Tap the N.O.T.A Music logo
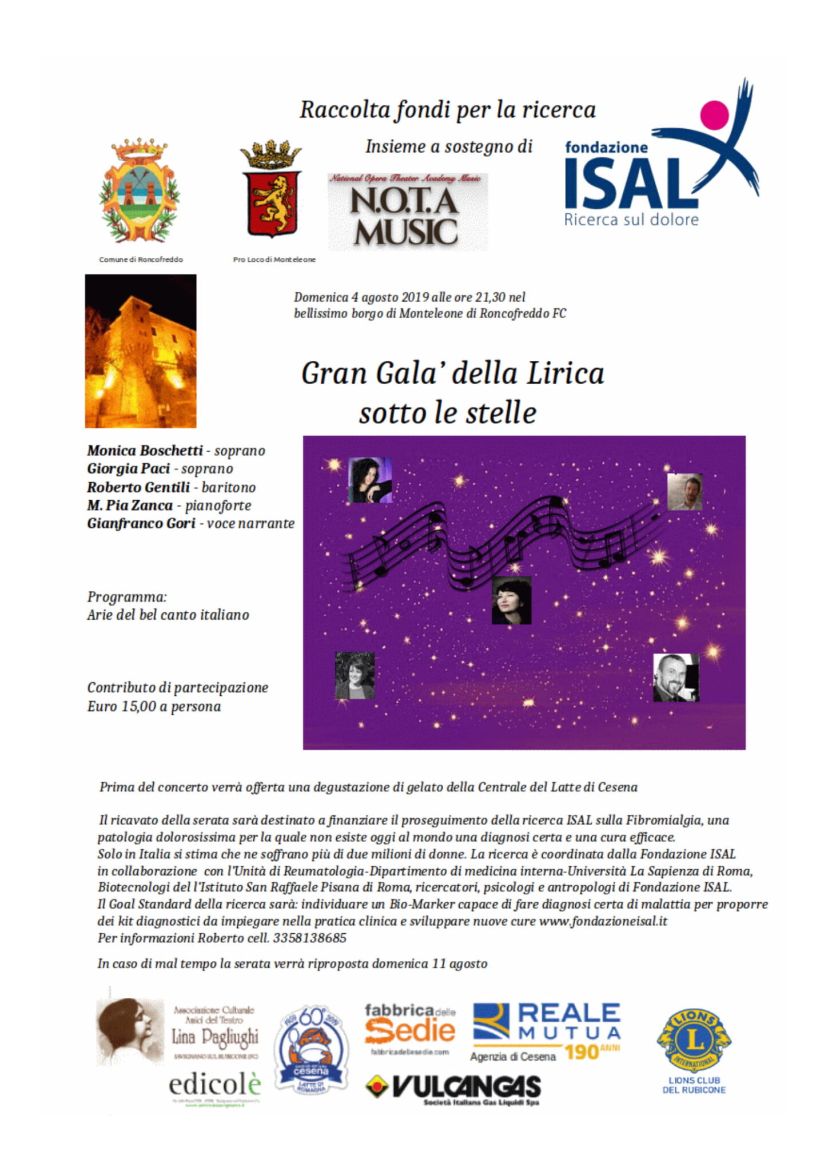pos(407,212)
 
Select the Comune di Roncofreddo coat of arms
pos(140,192)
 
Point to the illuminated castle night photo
pos(141,350)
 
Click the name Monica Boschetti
pos(145,451)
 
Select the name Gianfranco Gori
pos(141,523)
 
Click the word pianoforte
pos(218,505)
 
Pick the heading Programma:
pos(127,597)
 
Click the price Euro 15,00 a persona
pos(154,706)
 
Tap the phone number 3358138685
pos(309,938)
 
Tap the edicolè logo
pos(215,1084)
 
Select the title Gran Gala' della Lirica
pos(452,373)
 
